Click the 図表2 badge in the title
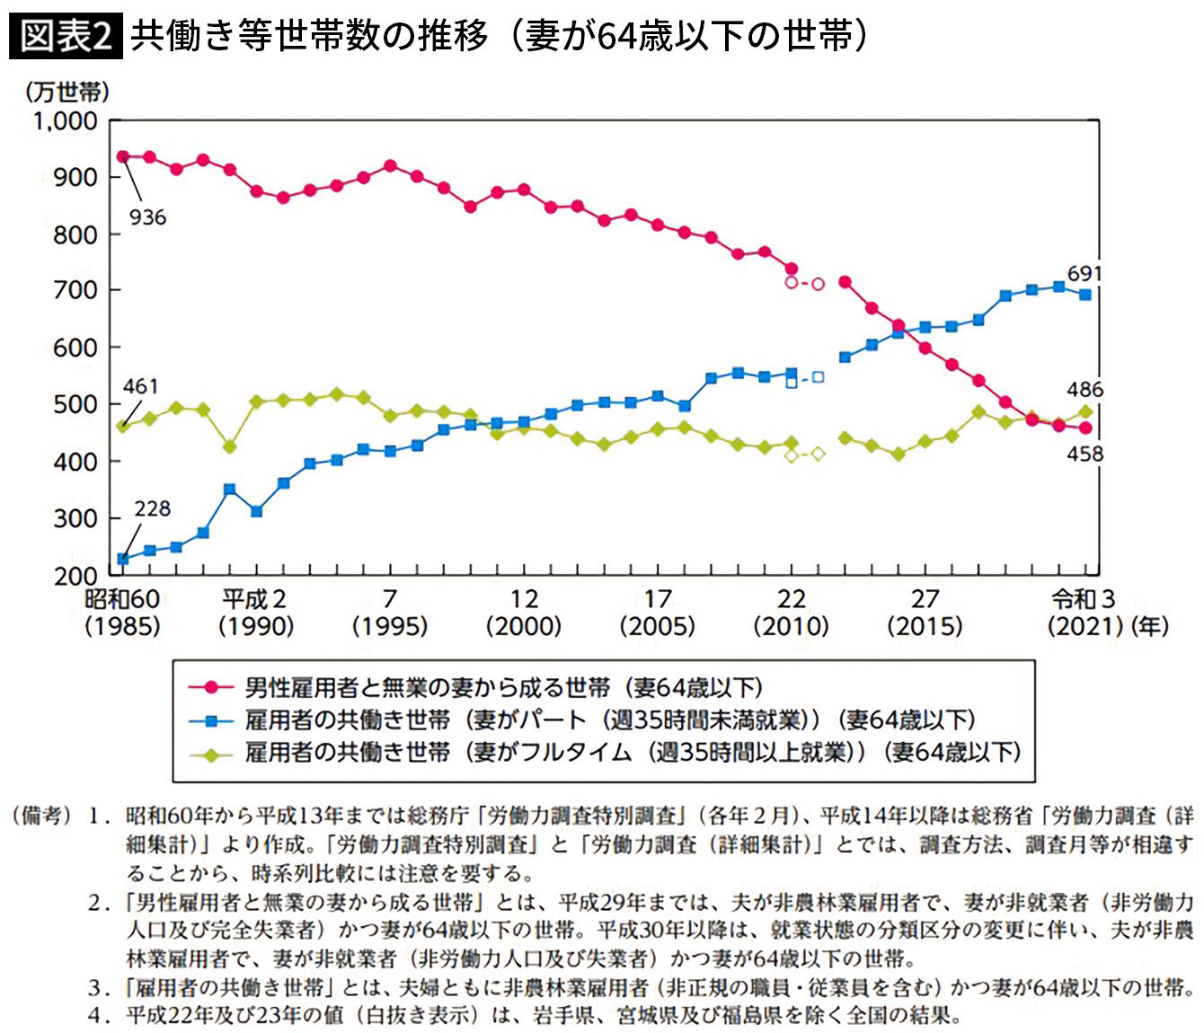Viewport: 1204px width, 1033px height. coord(66,36)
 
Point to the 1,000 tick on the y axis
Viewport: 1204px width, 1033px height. coord(66,120)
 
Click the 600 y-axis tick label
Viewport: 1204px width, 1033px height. coord(75,348)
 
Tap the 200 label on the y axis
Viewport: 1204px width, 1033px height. coord(75,576)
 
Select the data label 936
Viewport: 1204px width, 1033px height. coord(147,217)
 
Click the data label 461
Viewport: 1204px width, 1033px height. coord(141,386)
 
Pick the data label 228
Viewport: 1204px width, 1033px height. coord(152,509)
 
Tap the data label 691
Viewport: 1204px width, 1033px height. coord(1084,273)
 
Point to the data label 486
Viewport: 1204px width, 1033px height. coord(1084,390)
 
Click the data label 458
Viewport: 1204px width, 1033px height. coord(1084,455)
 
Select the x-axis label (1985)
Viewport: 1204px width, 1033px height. coord(122,626)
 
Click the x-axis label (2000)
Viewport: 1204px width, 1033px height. coord(524,626)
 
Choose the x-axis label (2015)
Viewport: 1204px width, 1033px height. coord(925,626)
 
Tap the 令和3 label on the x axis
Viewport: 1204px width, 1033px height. coord(1084,599)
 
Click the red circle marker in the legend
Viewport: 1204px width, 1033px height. coord(212,688)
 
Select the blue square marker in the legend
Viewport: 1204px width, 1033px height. coord(212,720)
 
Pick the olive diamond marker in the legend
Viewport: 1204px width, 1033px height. coord(212,753)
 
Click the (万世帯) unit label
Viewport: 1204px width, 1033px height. coord(67,92)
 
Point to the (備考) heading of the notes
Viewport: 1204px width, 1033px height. coord(41,816)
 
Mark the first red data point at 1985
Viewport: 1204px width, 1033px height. coord(123,157)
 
